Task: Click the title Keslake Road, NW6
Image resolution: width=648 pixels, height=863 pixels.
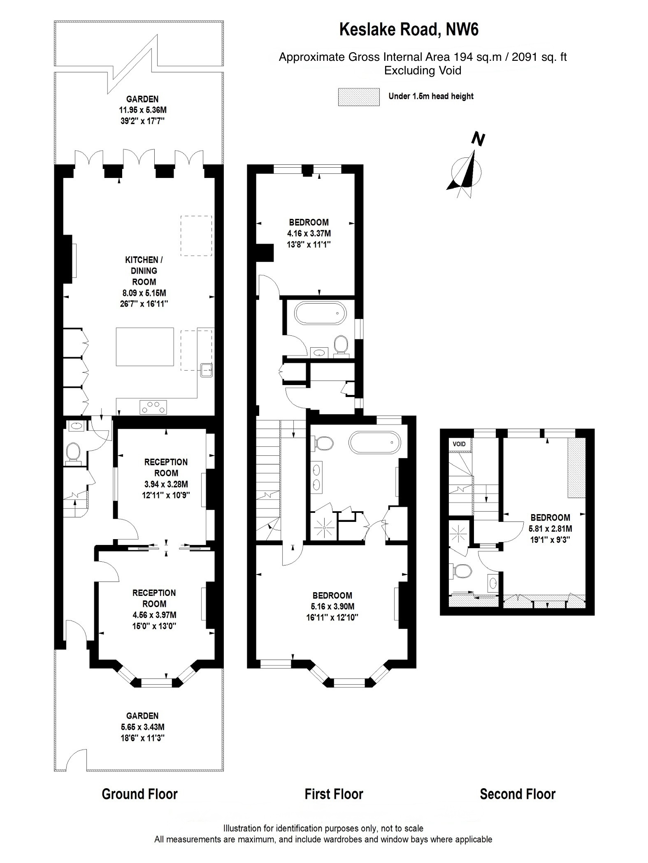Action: tap(409, 30)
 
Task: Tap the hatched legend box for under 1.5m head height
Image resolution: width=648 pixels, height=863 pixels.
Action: tap(359, 97)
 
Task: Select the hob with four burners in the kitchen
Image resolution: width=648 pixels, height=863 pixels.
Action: tap(154, 407)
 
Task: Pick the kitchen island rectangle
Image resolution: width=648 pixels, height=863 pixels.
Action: tap(145, 346)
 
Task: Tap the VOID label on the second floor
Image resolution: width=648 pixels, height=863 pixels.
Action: tap(459, 444)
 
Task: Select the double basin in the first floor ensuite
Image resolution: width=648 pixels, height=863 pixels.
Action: tap(318, 477)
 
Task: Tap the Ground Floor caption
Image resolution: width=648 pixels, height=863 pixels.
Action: tap(139, 794)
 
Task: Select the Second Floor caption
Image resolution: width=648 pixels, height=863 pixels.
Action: tap(517, 794)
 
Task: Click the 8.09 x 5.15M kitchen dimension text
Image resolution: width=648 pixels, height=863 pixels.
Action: tap(144, 293)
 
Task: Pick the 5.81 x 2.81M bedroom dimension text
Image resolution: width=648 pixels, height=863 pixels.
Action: tap(550, 528)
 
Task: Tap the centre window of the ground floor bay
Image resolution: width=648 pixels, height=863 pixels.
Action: tap(156, 683)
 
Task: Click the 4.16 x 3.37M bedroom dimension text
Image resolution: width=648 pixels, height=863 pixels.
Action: tap(309, 233)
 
